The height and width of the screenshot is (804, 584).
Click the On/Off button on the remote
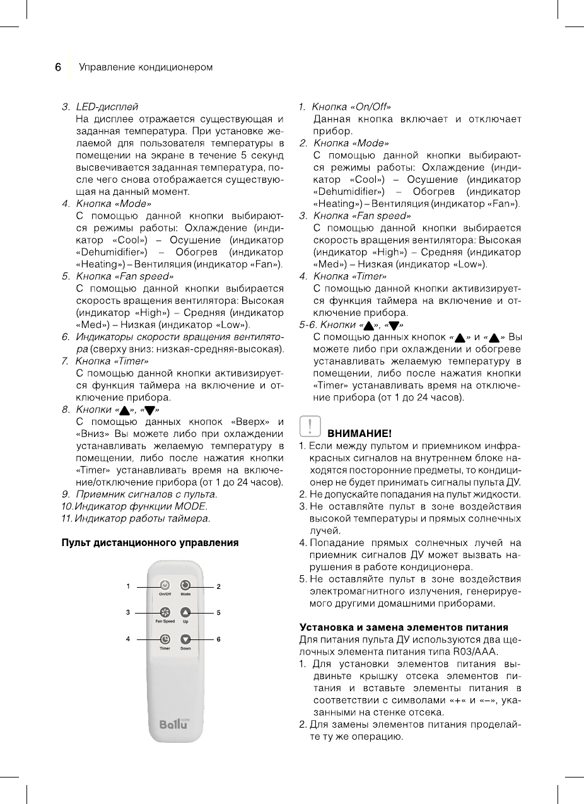click(x=165, y=585)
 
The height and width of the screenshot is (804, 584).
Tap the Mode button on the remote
click(x=185, y=585)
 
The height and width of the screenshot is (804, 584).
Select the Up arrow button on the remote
click(x=185, y=612)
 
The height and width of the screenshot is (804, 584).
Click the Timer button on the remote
click(x=165, y=639)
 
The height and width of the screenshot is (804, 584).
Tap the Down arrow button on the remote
click(x=185, y=639)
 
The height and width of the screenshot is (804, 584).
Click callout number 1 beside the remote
click(x=127, y=586)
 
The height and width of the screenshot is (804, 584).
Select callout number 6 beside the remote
click(x=218, y=639)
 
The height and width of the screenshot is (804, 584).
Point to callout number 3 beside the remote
click(x=127, y=612)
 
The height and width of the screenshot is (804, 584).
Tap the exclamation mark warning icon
click(x=311, y=426)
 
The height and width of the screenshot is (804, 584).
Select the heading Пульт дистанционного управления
click(x=149, y=542)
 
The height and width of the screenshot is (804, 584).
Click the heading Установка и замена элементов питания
click(x=403, y=627)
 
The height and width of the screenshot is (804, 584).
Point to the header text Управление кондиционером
click(x=146, y=67)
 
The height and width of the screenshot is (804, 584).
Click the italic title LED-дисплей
click(x=107, y=107)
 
